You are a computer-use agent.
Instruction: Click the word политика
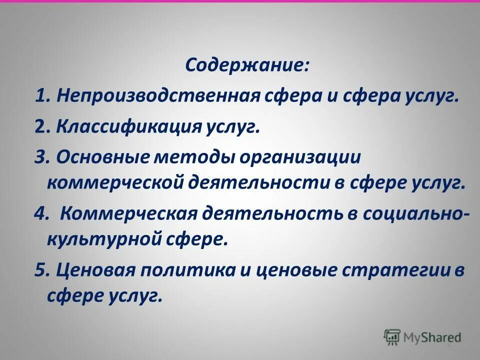(x=188, y=270)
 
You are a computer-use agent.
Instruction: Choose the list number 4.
(x=39, y=214)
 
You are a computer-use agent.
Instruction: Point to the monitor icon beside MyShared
(x=392, y=336)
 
